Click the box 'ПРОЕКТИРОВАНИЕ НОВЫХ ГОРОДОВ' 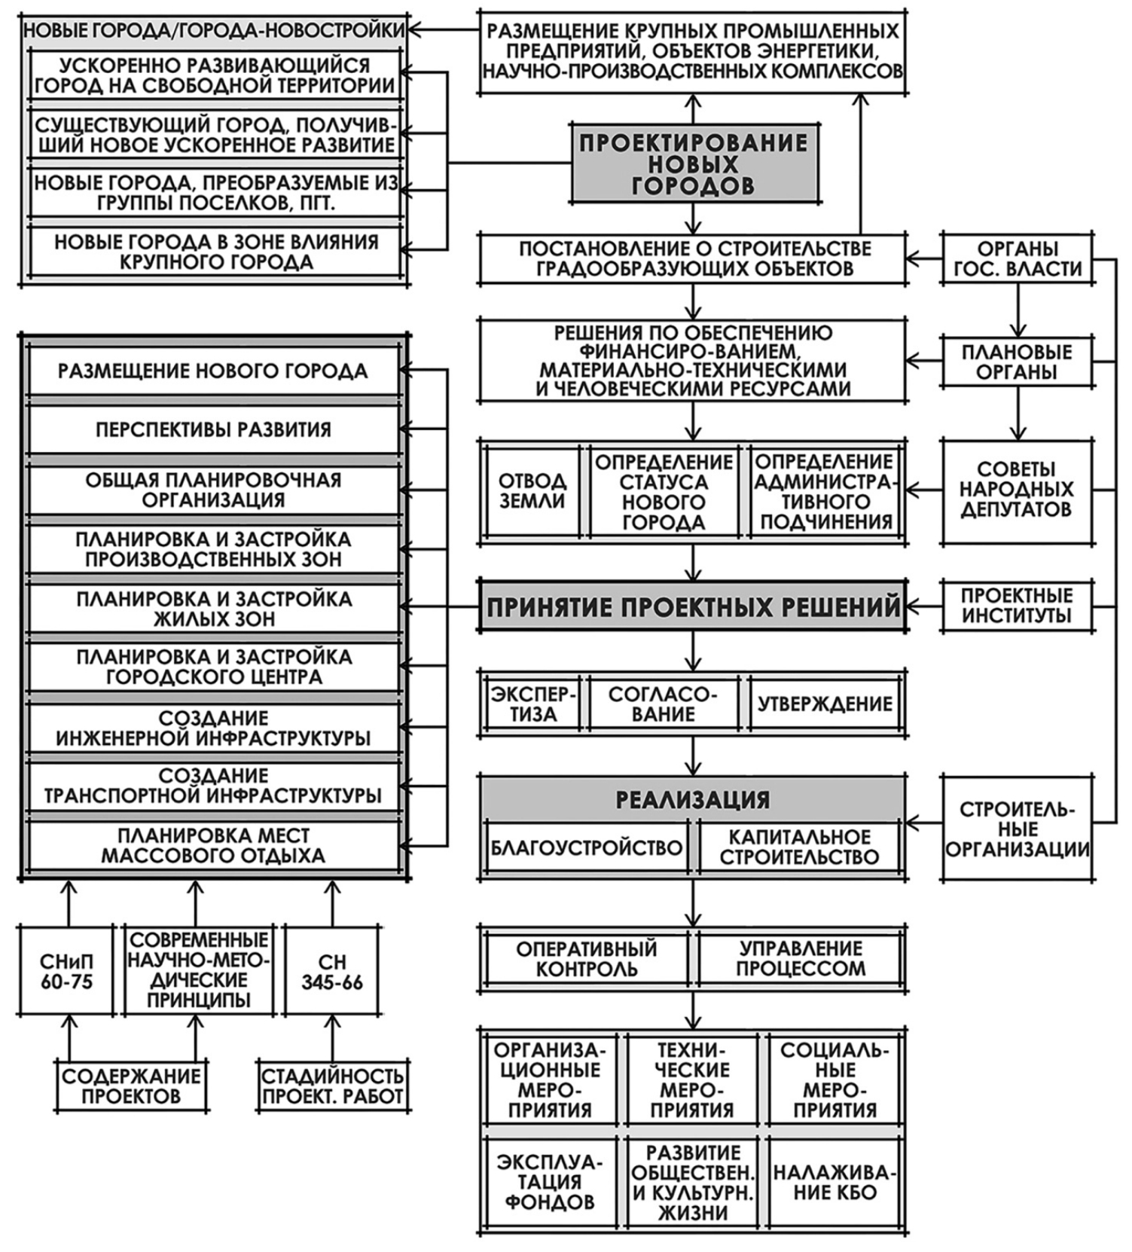694,163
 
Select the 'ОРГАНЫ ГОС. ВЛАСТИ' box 1017,258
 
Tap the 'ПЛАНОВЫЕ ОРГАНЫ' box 1017,362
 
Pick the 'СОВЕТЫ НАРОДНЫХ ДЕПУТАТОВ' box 1017,490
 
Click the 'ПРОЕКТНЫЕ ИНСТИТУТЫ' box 1017,606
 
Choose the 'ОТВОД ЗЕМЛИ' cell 532,491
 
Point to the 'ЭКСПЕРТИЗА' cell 533,704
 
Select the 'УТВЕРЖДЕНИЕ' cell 825,704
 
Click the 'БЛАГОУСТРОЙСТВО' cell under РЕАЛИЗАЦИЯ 586,847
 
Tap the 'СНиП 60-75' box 67,971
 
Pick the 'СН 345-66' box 332,971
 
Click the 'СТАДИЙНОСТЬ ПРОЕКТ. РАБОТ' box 332,1086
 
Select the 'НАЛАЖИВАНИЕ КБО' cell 835,1182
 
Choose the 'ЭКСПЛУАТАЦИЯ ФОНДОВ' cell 550,1182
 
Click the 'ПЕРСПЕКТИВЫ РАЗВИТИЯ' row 213,429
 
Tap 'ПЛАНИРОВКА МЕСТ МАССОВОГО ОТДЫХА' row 213,845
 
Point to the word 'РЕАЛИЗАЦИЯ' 693,799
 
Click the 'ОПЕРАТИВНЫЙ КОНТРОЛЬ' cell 586,958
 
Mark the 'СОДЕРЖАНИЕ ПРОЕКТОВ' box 131,1086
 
